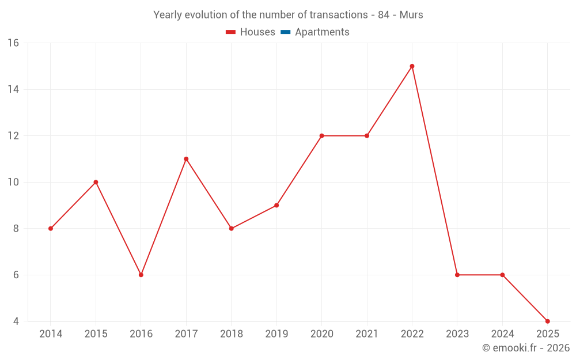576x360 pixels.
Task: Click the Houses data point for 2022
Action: point(412,66)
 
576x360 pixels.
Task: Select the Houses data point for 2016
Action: point(141,275)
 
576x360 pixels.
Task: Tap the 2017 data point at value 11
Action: point(186,159)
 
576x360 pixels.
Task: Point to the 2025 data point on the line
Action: point(547,321)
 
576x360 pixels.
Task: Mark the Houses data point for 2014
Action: point(51,229)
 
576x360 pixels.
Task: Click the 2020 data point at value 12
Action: point(321,136)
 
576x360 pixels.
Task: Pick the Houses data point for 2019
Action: point(276,205)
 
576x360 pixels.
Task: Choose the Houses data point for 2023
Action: point(457,275)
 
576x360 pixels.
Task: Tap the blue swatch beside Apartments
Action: point(285,32)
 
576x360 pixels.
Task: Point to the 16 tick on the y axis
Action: point(13,43)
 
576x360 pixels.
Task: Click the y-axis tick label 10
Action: point(13,182)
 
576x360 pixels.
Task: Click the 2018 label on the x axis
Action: point(231,334)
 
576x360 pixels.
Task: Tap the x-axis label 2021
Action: point(367,334)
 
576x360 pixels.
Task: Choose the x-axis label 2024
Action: point(502,334)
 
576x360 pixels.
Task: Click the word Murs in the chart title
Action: point(411,15)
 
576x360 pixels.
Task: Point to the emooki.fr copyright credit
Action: point(526,348)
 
